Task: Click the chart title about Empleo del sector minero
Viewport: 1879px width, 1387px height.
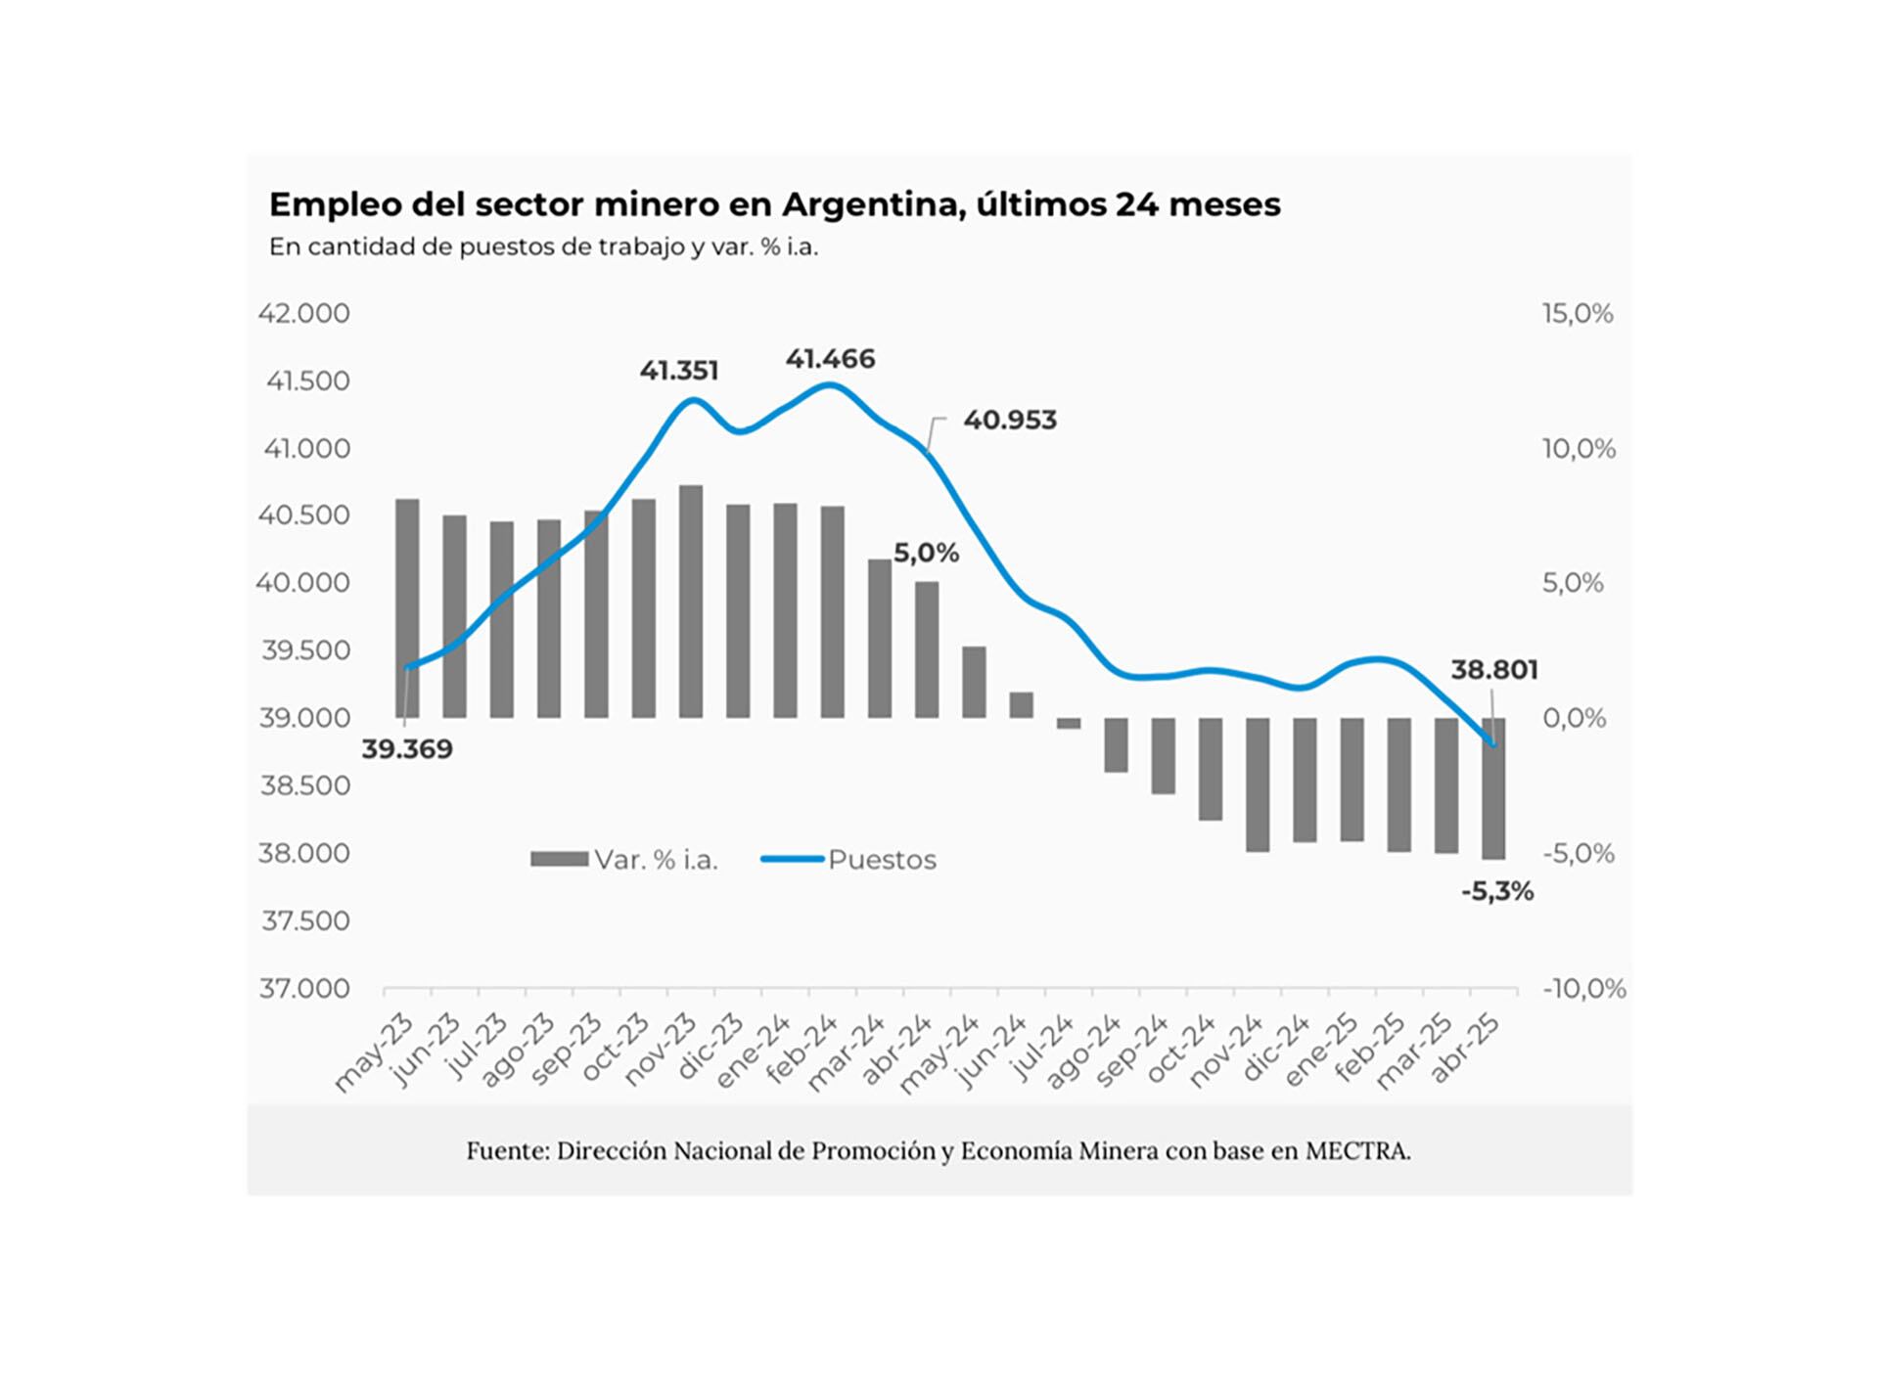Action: click(x=774, y=204)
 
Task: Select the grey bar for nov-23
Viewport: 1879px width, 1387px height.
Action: click(x=691, y=602)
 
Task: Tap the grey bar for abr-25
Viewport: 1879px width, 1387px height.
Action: click(x=1493, y=788)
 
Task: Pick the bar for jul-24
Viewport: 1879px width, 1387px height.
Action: click(x=1069, y=724)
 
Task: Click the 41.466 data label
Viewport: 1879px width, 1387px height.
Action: click(x=830, y=359)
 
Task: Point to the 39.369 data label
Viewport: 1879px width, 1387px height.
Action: click(x=407, y=749)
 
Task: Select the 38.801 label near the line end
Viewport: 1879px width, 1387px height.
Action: click(x=1493, y=670)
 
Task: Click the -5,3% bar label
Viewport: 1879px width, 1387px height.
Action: click(x=1496, y=891)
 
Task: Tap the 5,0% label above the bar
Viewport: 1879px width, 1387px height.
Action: click(x=926, y=554)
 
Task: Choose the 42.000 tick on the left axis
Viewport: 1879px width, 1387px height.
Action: click(x=303, y=314)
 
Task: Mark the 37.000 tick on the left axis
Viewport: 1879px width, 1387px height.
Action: click(x=303, y=988)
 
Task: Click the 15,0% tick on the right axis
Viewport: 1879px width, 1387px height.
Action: click(x=1578, y=314)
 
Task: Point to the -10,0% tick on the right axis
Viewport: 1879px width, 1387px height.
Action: click(x=1583, y=989)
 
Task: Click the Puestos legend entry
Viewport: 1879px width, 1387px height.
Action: click(x=881, y=860)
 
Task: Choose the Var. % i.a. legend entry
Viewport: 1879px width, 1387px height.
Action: click(x=656, y=860)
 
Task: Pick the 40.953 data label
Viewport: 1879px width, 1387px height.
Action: click(x=1009, y=421)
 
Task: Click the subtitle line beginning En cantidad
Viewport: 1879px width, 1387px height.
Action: click(x=543, y=247)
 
